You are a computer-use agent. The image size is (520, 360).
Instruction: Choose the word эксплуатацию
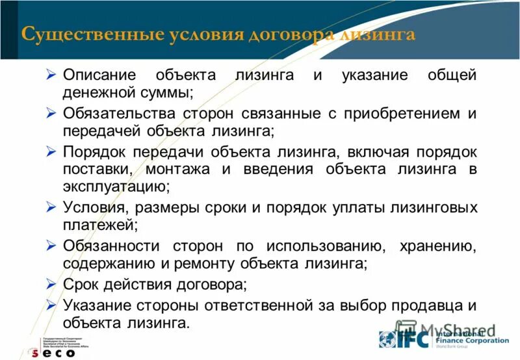(116, 187)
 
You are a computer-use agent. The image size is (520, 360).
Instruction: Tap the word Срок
(83, 285)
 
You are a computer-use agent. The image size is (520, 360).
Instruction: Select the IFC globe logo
(388, 340)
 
